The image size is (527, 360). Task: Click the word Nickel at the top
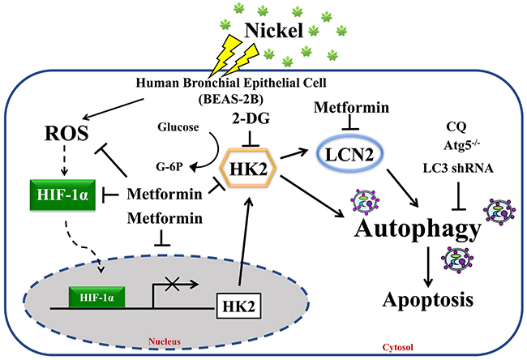[274, 30]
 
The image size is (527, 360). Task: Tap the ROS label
[66, 133]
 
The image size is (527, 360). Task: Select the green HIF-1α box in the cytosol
[62, 195]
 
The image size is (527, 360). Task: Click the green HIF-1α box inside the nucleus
[96, 297]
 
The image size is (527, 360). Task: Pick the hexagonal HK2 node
[248, 167]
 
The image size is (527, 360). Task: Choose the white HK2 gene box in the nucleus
[238, 306]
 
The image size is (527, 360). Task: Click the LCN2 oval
[350, 155]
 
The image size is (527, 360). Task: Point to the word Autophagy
[418, 229]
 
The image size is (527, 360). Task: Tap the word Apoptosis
[428, 299]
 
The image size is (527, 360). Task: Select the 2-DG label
[251, 118]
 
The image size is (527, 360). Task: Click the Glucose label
[178, 127]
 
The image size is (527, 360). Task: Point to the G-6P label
[169, 166]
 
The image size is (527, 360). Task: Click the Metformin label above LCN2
[351, 108]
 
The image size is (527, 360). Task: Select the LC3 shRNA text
[458, 168]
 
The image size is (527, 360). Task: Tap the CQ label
[456, 126]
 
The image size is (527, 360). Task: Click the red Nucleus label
[165, 341]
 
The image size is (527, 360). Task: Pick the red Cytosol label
[398, 347]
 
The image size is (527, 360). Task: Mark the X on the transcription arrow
[173, 284]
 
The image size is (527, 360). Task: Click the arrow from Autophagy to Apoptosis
[428, 267]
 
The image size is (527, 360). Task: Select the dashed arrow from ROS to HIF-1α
[64, 161]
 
